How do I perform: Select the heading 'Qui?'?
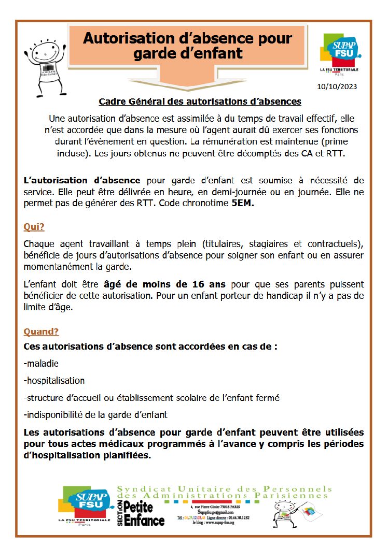point(34,226)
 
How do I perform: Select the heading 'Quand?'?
point(41,331)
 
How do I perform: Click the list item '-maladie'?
point(41,363)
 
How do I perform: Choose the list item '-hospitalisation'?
point(54,380)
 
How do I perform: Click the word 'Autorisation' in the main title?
point(133,38)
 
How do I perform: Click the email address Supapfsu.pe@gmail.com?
point(213,512)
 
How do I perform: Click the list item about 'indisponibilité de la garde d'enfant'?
point(95,415)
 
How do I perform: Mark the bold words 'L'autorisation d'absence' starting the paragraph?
point(82,180)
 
